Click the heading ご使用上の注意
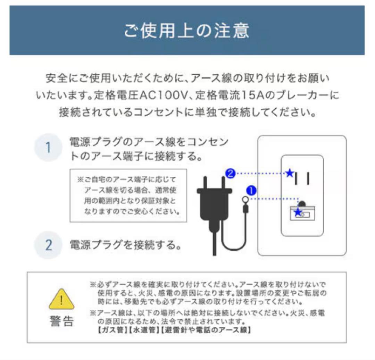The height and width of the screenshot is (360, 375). pos(187,31)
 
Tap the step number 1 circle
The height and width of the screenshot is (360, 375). pos(48,148)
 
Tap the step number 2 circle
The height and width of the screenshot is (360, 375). pos(48,245)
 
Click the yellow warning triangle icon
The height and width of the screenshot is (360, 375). pos(61,299)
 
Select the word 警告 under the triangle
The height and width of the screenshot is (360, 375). pos(61,321)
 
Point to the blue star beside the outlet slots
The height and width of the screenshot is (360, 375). pos(289,173)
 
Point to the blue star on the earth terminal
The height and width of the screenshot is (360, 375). pos(298,212)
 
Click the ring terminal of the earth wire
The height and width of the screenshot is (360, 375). pos(245,200)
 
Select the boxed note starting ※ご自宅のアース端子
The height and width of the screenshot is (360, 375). pos(128,195)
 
